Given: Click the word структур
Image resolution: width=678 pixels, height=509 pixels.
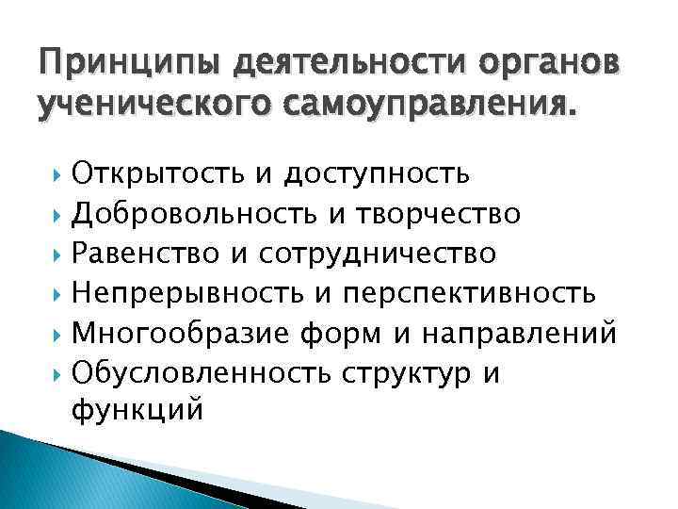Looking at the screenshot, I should coord(405,374).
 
